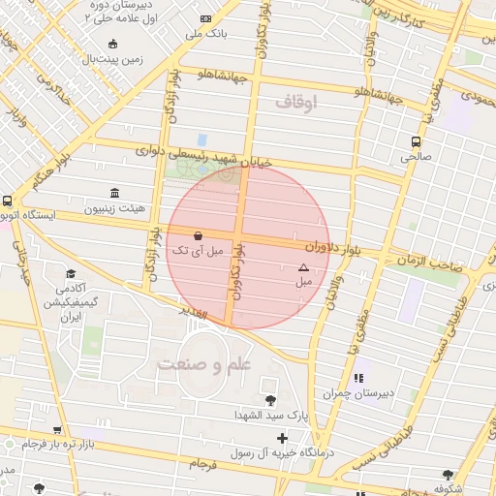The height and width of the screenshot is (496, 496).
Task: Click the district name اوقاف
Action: [295, 101]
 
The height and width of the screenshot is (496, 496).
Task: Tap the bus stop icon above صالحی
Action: [416, 139]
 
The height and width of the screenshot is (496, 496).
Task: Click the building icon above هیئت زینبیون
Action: [115, 192]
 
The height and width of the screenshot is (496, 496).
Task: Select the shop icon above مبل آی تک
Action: [198, 235]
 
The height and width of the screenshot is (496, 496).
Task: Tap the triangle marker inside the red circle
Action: [303, 266]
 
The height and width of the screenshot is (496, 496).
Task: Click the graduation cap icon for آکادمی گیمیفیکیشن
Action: [70, 274]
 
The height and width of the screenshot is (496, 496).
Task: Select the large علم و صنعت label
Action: [206, 363]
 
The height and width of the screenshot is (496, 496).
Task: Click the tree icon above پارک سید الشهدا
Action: [269, 399]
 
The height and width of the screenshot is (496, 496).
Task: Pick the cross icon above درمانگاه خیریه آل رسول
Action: [282, 439]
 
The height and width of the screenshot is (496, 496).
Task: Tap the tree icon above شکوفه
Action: [447, 475]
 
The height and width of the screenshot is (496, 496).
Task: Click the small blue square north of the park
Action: [202, 139]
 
